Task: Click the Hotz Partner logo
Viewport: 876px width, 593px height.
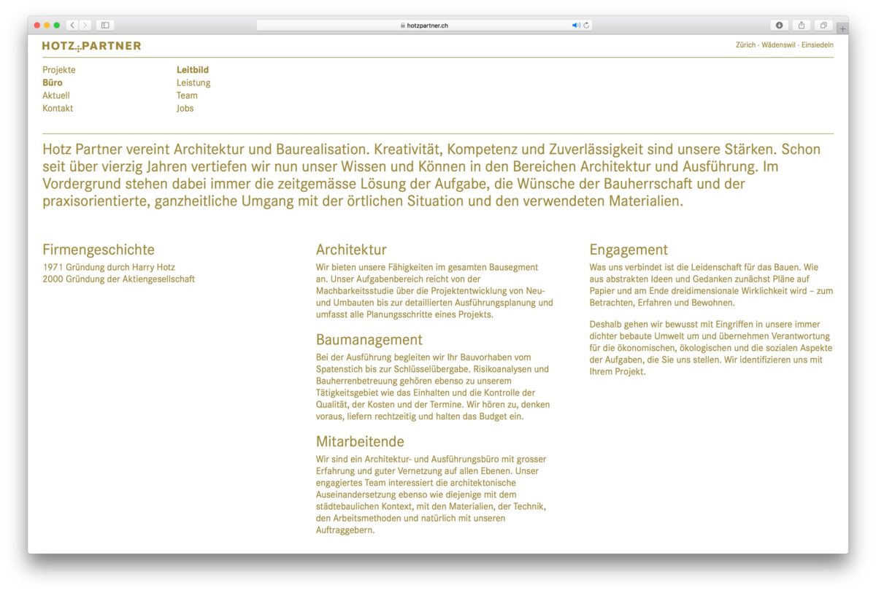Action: (91, 46)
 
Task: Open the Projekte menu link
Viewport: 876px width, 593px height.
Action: (59, 70)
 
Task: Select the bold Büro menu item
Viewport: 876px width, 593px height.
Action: (53, 82)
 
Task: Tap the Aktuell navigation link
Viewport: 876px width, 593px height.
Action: (56, 96)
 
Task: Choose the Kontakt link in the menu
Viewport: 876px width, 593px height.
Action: (58, 108)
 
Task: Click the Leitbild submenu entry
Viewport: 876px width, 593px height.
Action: (193, 70)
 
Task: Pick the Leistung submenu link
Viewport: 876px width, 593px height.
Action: (193, 82)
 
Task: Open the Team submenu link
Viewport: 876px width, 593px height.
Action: (187, 96)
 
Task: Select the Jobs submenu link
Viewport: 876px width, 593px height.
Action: (185, 108)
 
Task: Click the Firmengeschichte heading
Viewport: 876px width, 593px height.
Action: (99, 250)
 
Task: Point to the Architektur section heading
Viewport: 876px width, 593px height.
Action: (351, 250)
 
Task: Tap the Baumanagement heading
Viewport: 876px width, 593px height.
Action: (369, 340)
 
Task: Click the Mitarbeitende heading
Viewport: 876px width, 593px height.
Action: (360, 442)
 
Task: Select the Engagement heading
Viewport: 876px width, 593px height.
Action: (629, 250)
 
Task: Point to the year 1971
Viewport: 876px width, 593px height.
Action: (53, 267)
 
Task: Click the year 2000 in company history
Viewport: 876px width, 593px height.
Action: (53, 279)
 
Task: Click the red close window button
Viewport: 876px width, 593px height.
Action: (37, 25)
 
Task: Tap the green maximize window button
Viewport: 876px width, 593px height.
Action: (57, 25)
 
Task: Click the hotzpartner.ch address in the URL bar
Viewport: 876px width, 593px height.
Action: (427, 26)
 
